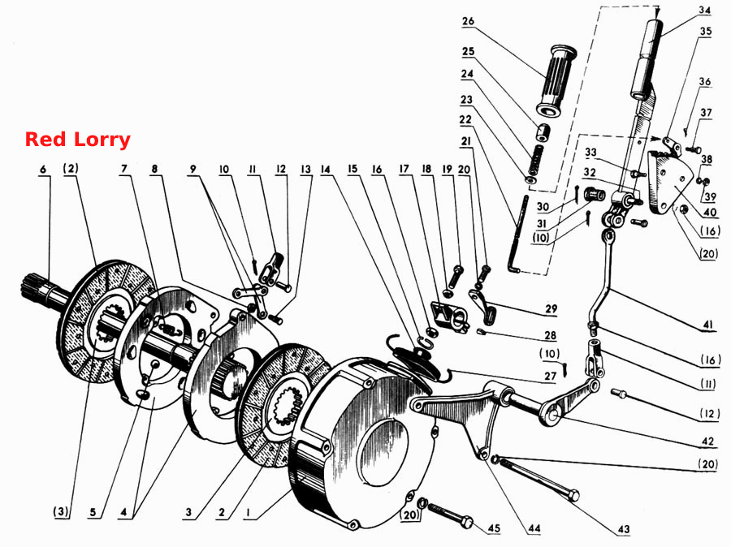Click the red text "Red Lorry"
tap(77, 140)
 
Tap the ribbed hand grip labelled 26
tap(556, 81)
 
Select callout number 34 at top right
tap(704, 10)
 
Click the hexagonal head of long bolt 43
tap(574, 495)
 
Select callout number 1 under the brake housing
tap(249, 513)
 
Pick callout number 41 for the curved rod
tap(707, 325)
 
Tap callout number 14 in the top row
tap(326, 169)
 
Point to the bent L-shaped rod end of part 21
tap(514, 268)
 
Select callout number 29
tap(551, 308)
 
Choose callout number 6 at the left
tap(43, 169)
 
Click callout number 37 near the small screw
tap(706, 113)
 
